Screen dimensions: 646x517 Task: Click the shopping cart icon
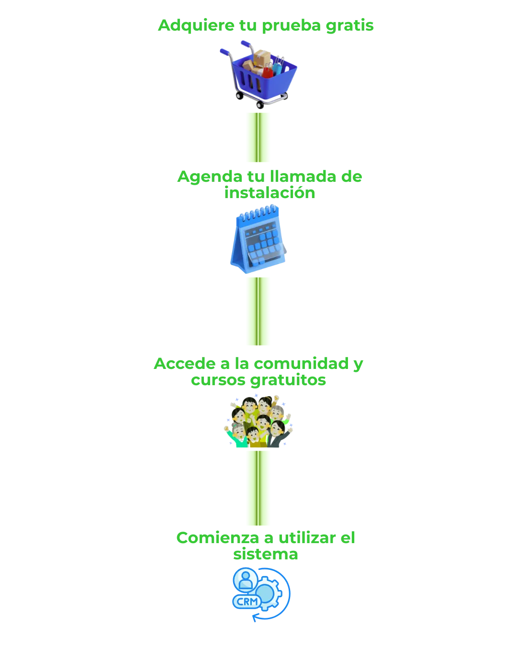258,74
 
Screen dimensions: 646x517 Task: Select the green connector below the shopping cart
258,137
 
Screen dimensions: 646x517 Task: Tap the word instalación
270,192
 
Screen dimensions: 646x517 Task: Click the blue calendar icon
258,239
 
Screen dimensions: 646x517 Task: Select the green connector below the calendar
258,311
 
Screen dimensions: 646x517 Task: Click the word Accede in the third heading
184,364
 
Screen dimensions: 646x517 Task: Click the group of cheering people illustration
258,421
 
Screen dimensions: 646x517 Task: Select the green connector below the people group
258,488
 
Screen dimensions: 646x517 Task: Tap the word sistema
266,554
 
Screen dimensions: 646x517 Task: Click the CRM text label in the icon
247,601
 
